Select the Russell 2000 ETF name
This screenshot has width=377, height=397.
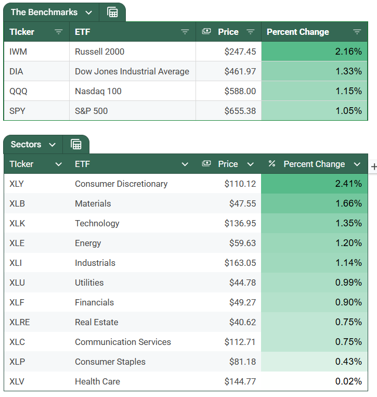click(99, 52)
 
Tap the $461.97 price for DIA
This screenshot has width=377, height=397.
click(240, 71)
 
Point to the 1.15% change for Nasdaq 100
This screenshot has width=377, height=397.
click(348, 91)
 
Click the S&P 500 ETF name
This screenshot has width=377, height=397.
click(91, 111)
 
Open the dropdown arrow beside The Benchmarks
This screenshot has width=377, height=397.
click(89, 12)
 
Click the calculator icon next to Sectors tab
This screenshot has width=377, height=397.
click(76, 144)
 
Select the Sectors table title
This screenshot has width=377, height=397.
click(27, 144)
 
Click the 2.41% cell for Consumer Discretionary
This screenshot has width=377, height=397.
click(348, 184)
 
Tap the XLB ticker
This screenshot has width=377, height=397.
click(17, 203)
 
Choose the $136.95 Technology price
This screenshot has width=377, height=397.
click(240, 223)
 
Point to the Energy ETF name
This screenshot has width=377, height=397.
click(88, 243)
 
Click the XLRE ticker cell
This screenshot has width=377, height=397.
click(20, 322)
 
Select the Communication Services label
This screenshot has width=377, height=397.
click(123, 342)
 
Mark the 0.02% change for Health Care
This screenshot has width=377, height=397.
click(348, 381)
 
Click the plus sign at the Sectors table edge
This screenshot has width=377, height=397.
click(373, 167)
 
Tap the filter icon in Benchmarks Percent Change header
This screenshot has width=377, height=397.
click(357, 32)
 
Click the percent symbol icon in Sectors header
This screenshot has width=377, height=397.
click(271, 164)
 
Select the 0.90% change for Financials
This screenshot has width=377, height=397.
click(348, 302)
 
